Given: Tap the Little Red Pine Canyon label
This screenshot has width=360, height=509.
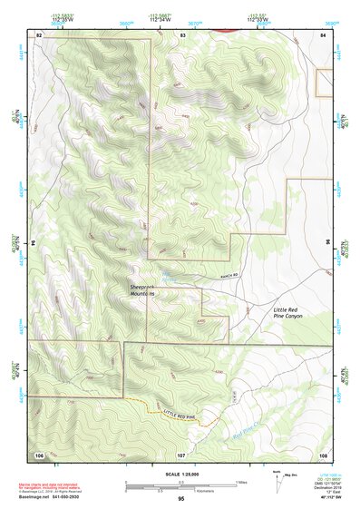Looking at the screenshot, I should pyautogui.click(x=292, y=314).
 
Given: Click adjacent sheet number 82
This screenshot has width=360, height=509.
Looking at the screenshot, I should pyautogui.click(x=39, y=34).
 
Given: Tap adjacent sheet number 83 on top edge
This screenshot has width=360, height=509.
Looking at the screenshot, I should pyautogui.click(x=182, y=34).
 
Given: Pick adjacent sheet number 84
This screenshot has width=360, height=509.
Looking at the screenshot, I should pyautogui.click(x=324, y=34).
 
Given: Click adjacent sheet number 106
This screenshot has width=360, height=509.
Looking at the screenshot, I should pyautogui.click(x=39, y=453).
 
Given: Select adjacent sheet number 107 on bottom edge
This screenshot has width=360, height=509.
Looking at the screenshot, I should pyautogui.click(x=180, y=453).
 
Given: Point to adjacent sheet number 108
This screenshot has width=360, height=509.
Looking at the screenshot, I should pyautogui.click(x=324, y=453).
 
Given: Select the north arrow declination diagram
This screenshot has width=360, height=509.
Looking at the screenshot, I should pyautogui.click(x=277, y=477).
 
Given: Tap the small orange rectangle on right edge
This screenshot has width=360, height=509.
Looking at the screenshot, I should pyautogui.click(x=325, y=83).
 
